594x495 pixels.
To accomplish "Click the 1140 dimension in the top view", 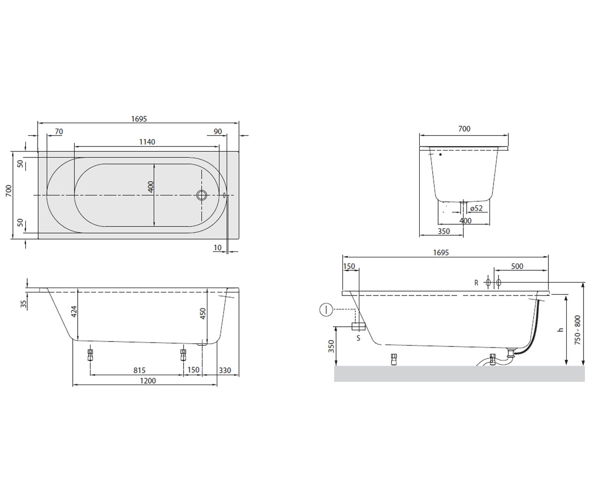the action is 147,142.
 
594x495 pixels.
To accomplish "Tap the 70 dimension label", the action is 58,132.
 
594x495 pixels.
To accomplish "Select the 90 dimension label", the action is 218,132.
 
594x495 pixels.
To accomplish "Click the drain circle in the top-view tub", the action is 201,195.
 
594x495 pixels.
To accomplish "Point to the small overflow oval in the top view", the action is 224,195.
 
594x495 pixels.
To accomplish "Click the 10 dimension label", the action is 217,248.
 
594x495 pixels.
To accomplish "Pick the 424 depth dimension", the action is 74,312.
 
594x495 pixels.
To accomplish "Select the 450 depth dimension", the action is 202,313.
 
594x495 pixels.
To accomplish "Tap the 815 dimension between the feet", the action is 139,370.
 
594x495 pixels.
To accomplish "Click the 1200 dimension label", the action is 148,381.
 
